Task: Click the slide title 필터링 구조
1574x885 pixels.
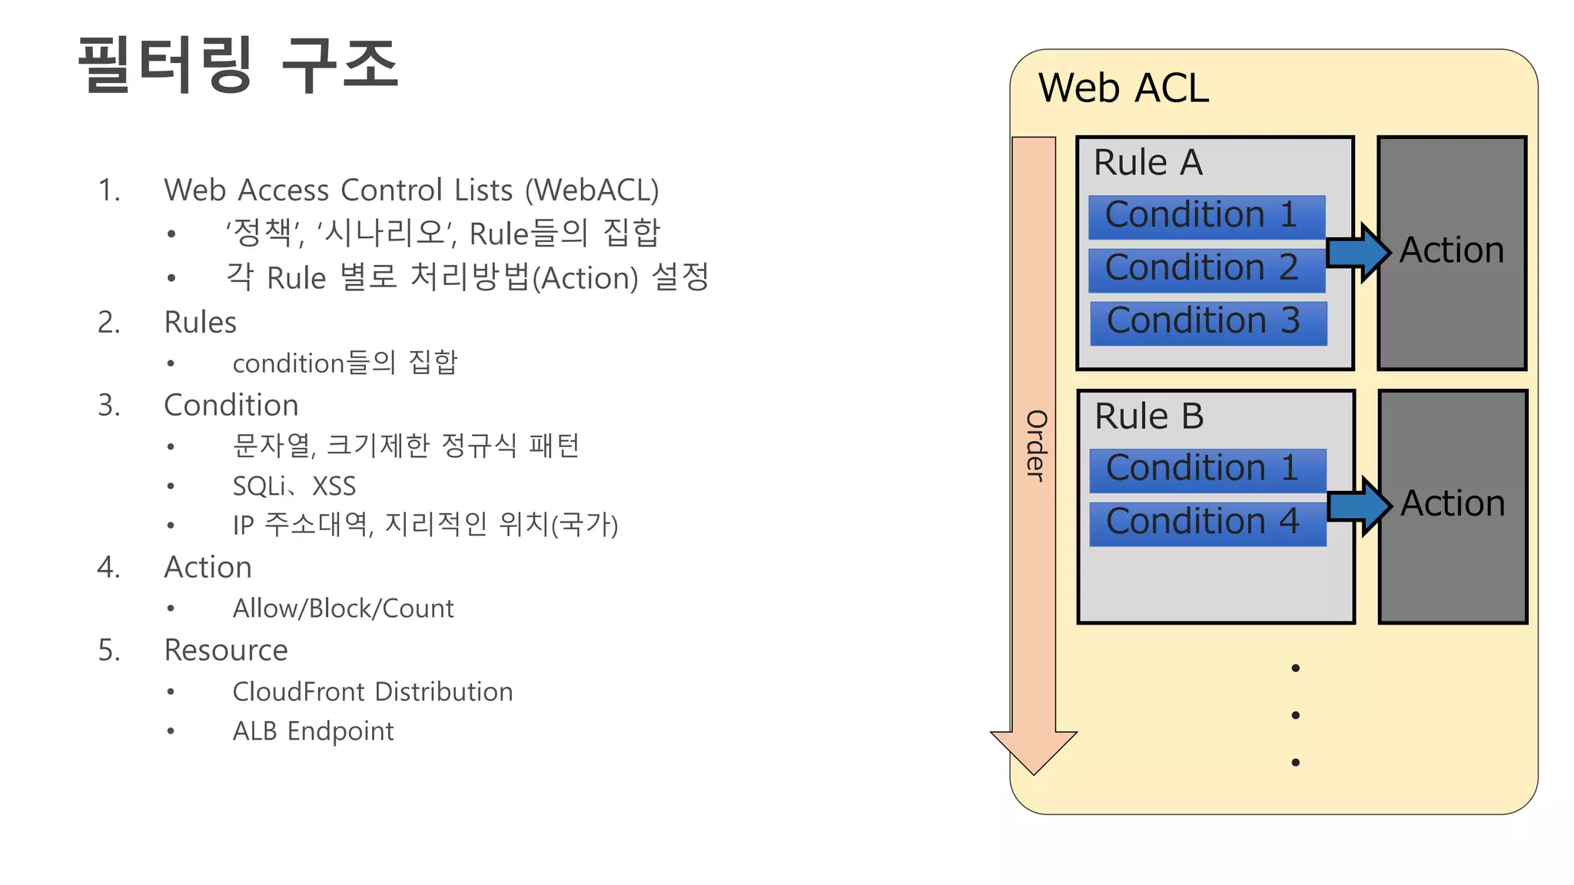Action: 238,65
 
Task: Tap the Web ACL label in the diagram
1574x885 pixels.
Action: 1123,88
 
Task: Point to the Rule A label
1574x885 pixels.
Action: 1147,163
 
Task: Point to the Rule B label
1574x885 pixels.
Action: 1149,416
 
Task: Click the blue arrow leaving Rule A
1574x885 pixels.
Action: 1357,252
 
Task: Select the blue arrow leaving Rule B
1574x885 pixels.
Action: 1359,505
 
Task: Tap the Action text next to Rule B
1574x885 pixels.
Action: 1452,504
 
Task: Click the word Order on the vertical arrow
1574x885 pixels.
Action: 1035,446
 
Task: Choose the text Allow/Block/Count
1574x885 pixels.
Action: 343,608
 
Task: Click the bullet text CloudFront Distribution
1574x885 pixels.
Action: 372,691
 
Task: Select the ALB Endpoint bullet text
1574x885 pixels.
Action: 313,731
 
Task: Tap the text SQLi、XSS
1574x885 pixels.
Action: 294,486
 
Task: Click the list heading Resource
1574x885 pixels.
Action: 226,650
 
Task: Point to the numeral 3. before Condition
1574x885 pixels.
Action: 108,405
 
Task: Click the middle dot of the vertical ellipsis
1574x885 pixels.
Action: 1296,715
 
